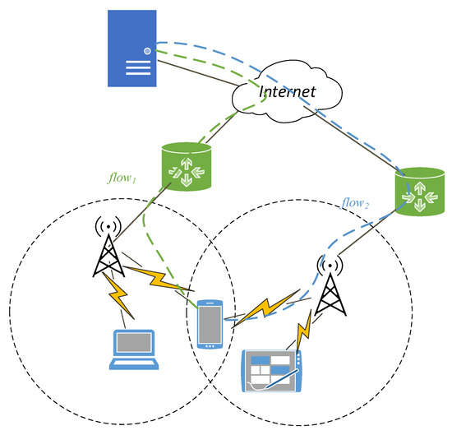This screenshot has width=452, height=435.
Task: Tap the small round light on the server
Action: coord(147,50)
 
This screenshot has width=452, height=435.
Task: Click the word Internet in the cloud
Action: coord(287,91)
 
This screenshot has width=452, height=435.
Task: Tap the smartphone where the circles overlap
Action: coord(210,324)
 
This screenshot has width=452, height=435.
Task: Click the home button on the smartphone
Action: coord(210,345)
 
